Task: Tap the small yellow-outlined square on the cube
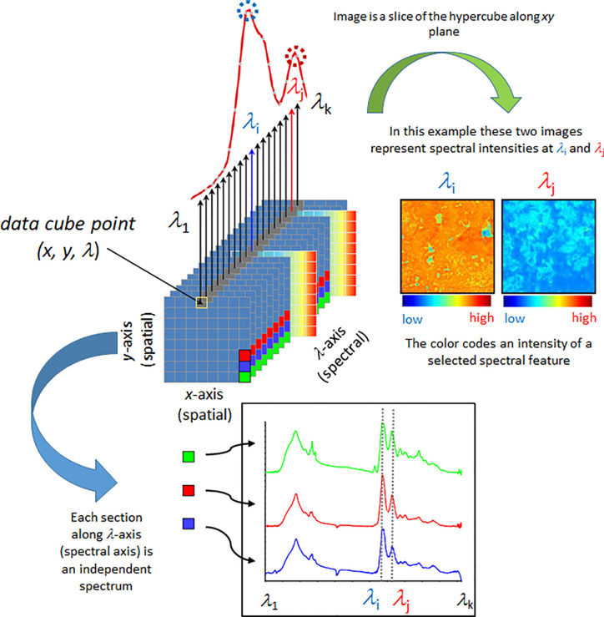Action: click(x=201, y=301)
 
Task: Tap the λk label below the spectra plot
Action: click(x=465, y=599)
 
